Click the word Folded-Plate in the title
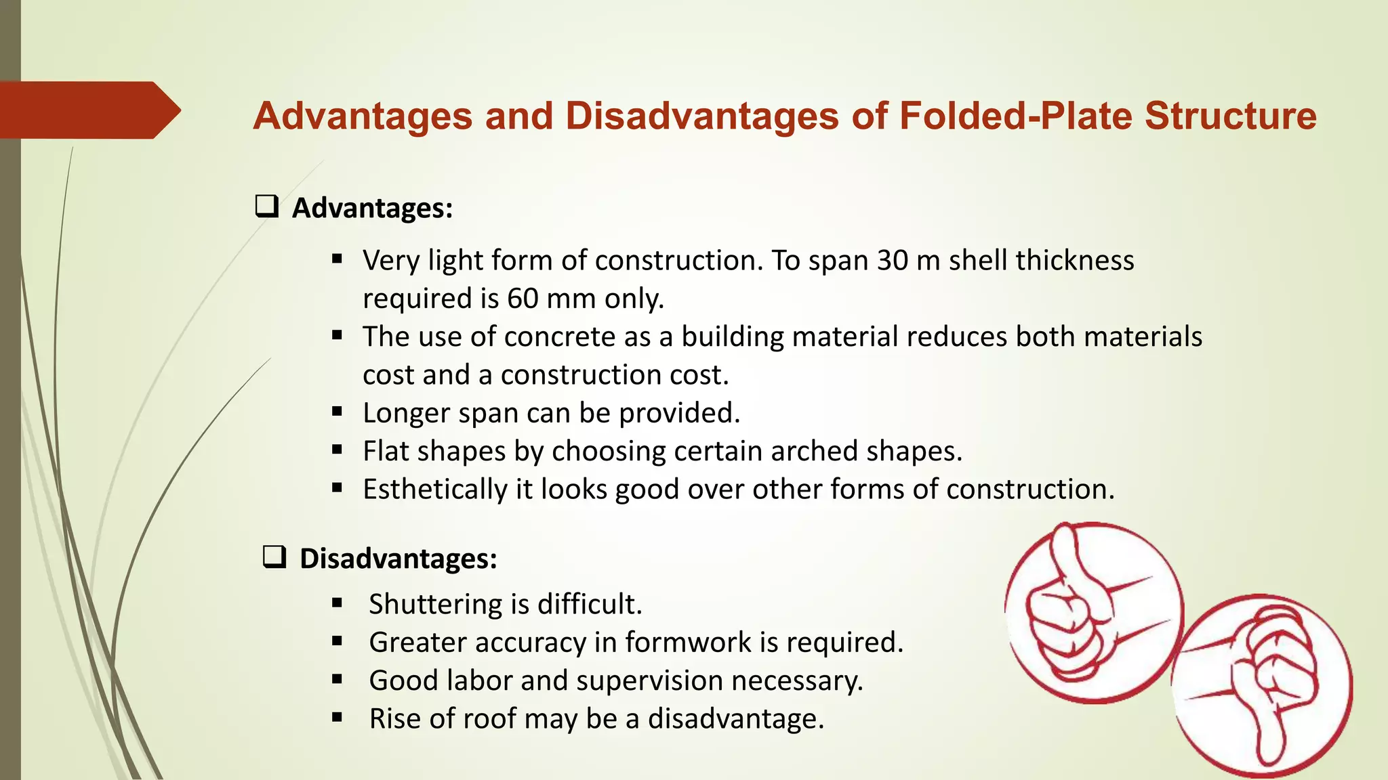click(1016, 116)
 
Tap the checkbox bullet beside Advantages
click(267, 206)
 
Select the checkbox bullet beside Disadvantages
click(274, 557)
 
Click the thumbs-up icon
click(1093, 612)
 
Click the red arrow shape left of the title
click(88, 110)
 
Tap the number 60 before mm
click(523, 299)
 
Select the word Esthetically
click(435, 490)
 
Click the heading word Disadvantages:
click(399, 559)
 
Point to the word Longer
click(406, 413)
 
